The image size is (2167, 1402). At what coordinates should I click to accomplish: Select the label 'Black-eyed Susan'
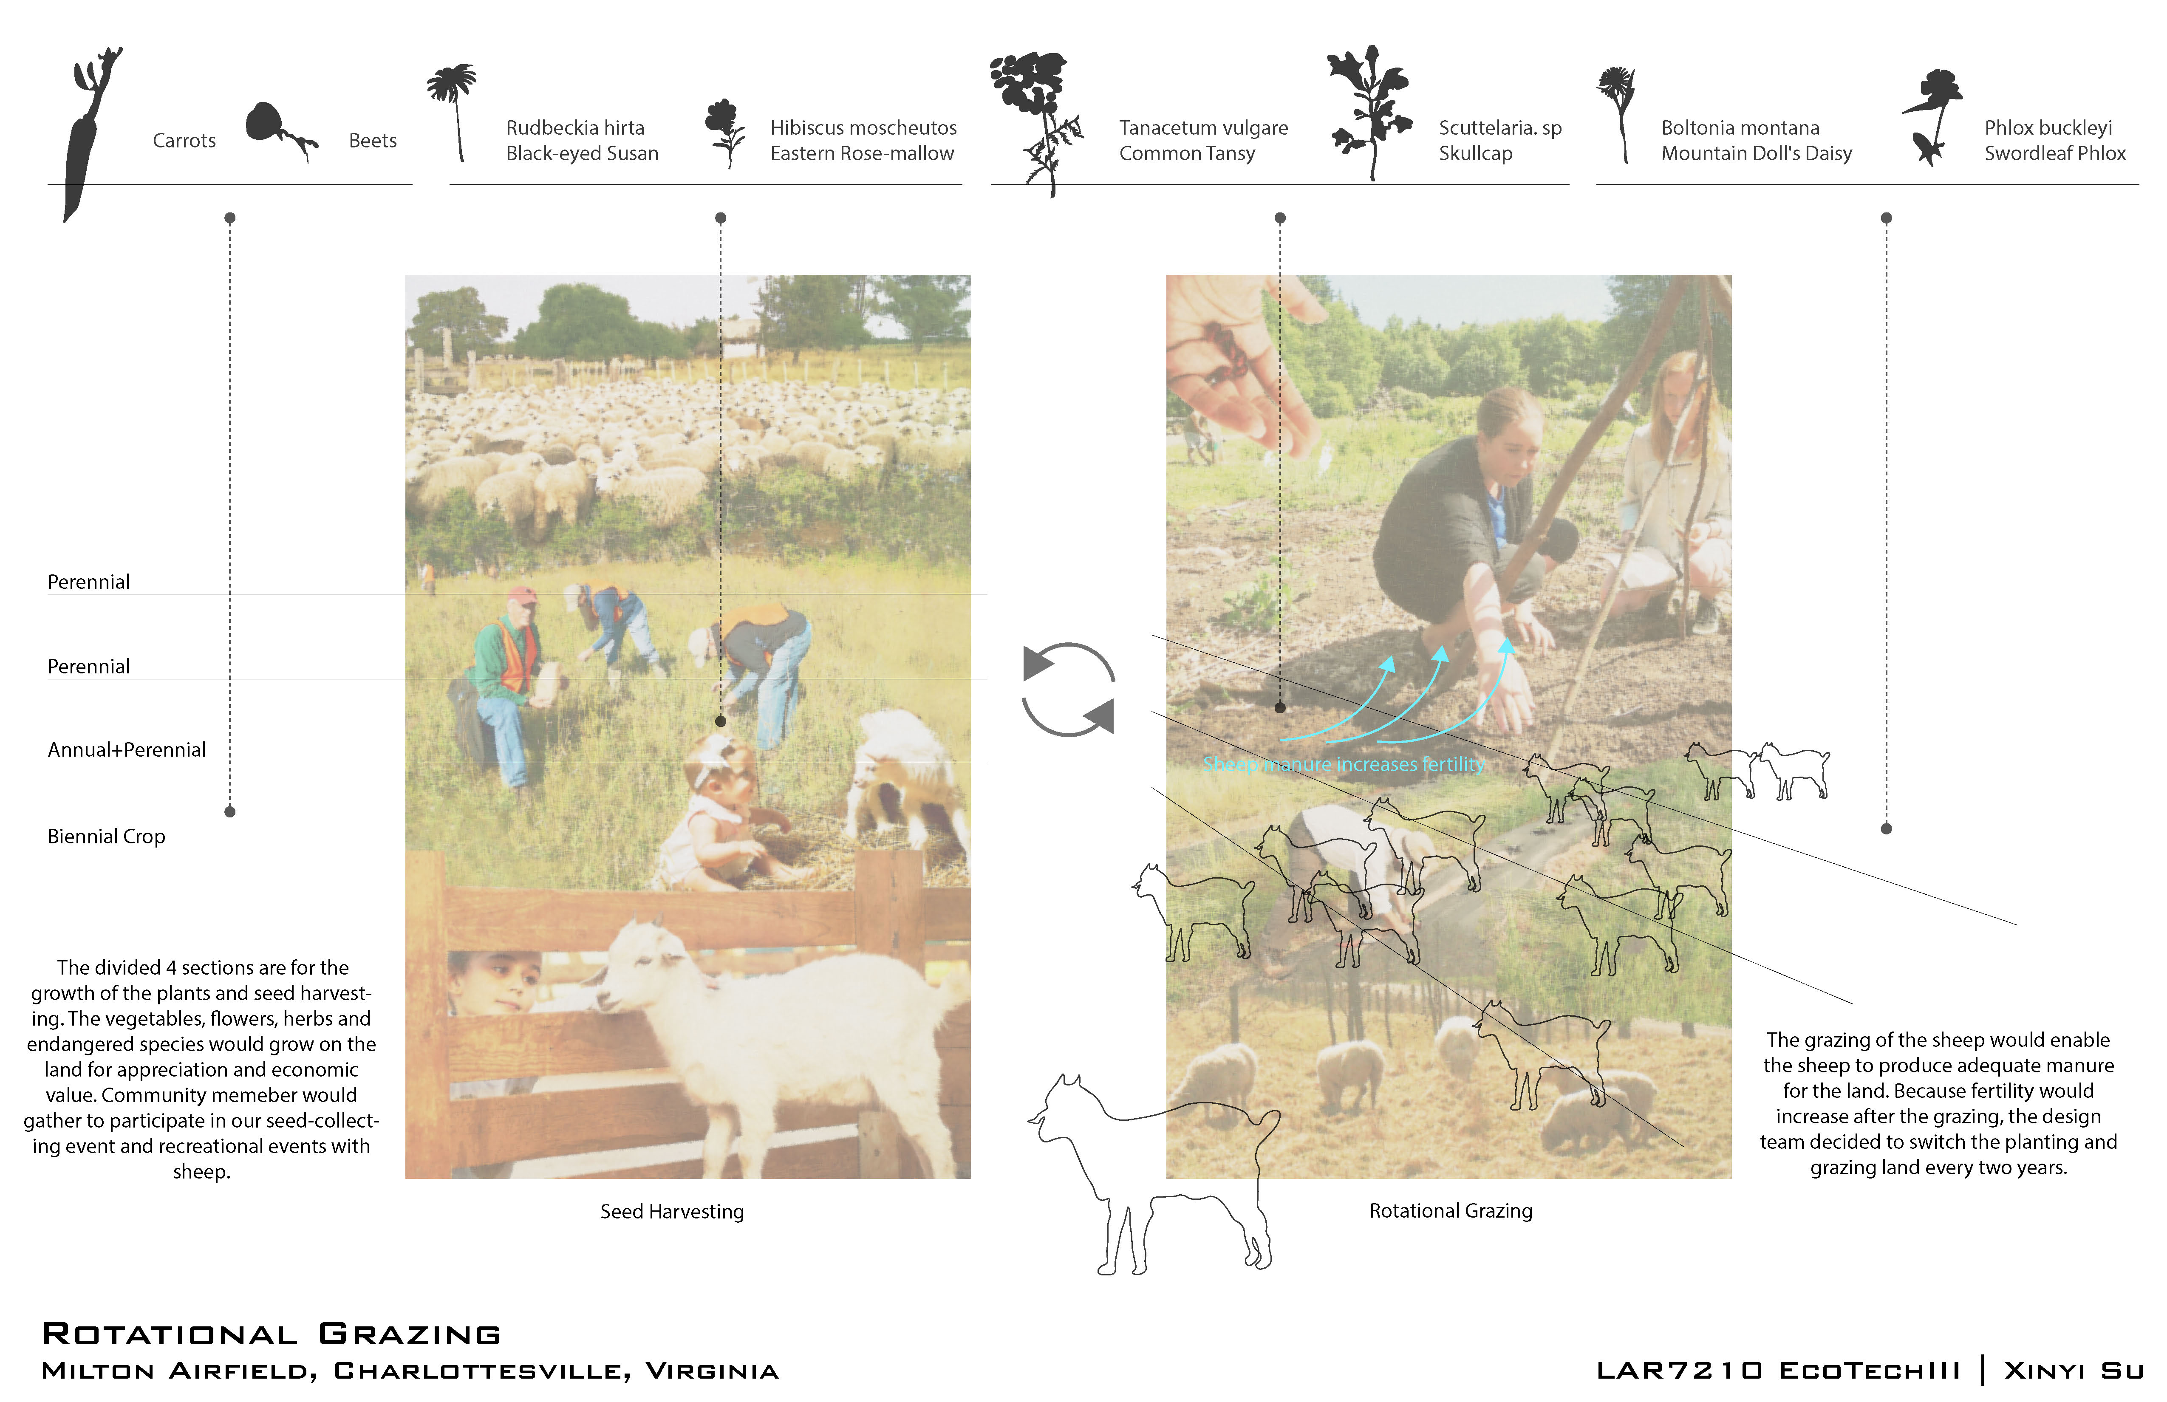582,153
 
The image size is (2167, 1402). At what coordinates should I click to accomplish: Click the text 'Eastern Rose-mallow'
861,153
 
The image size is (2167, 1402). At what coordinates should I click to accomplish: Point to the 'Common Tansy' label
1186,153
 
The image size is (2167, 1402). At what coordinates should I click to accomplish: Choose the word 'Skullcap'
1475,153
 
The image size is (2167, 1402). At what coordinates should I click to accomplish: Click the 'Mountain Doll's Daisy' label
1757,153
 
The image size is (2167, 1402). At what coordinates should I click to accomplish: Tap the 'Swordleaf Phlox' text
2055,153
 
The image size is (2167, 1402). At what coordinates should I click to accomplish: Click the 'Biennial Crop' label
107,837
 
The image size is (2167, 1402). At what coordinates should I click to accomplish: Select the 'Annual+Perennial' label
127,749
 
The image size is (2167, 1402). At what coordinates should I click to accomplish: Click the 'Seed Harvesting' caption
672,1212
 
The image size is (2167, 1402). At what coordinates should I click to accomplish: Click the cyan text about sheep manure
1343,765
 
